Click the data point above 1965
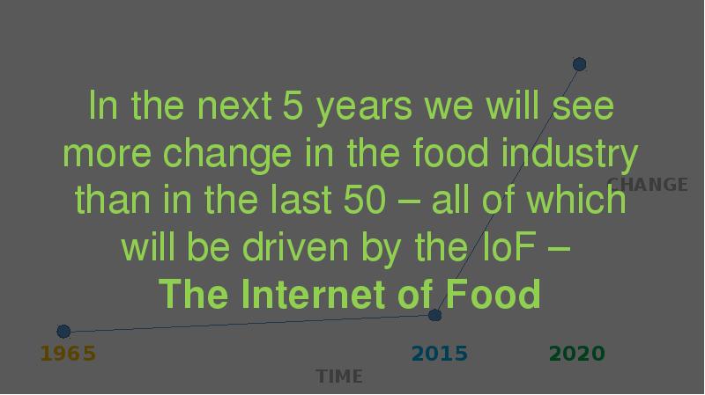pyautogui.click(x=63, y=332)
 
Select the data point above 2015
pyautogui.click(x=434, y=315)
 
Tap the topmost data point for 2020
pyautogui.click(x=580, y=64)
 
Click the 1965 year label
pyautogui.click(x=68, y=354)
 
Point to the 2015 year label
pyautogui.click(x=440, y=354)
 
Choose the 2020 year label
pyautogui.click(x=577, y=354)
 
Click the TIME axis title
pyautogui.click(x=339, y=377)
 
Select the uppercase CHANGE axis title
pyautogui.click(x=648, y=185)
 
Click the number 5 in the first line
pyautogui.click(x=293, y=106)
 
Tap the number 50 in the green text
pyautogui.click(x=365, y=200)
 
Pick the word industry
pyautogui.click(x=569, y=153)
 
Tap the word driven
pyautogui.click(x=295, y=247)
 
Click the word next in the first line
pyautogui.click(x=234, y=106)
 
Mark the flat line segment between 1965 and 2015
pyautogui.click(x=249, y=323)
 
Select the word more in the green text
pyautogui.click(x=107, y=156)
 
